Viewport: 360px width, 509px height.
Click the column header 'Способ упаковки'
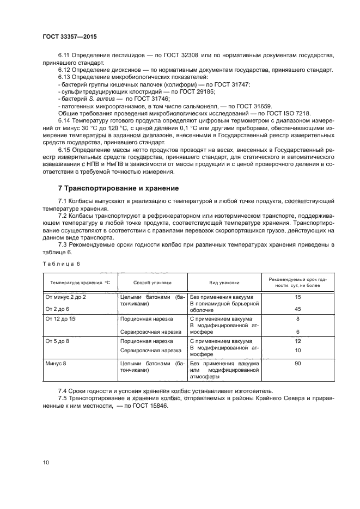click(152, 283)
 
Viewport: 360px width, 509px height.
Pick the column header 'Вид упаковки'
click(224, 283)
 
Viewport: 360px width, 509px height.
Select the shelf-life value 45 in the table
click(297, 309)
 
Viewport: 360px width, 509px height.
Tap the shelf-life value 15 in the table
click(297, 297)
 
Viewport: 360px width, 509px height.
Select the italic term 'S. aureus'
click(107, 99)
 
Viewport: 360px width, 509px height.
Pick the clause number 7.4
click(65, 391)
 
